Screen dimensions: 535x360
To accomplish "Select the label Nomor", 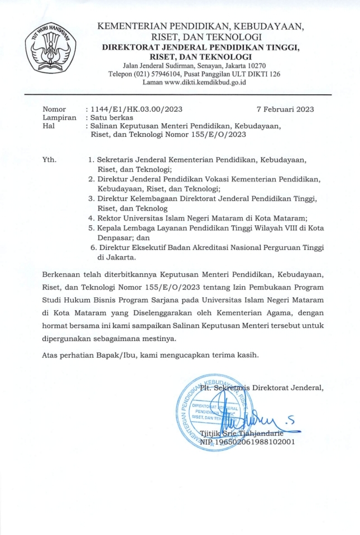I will pos(54,109).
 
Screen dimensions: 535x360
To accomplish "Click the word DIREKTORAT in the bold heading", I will pos(135,47).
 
